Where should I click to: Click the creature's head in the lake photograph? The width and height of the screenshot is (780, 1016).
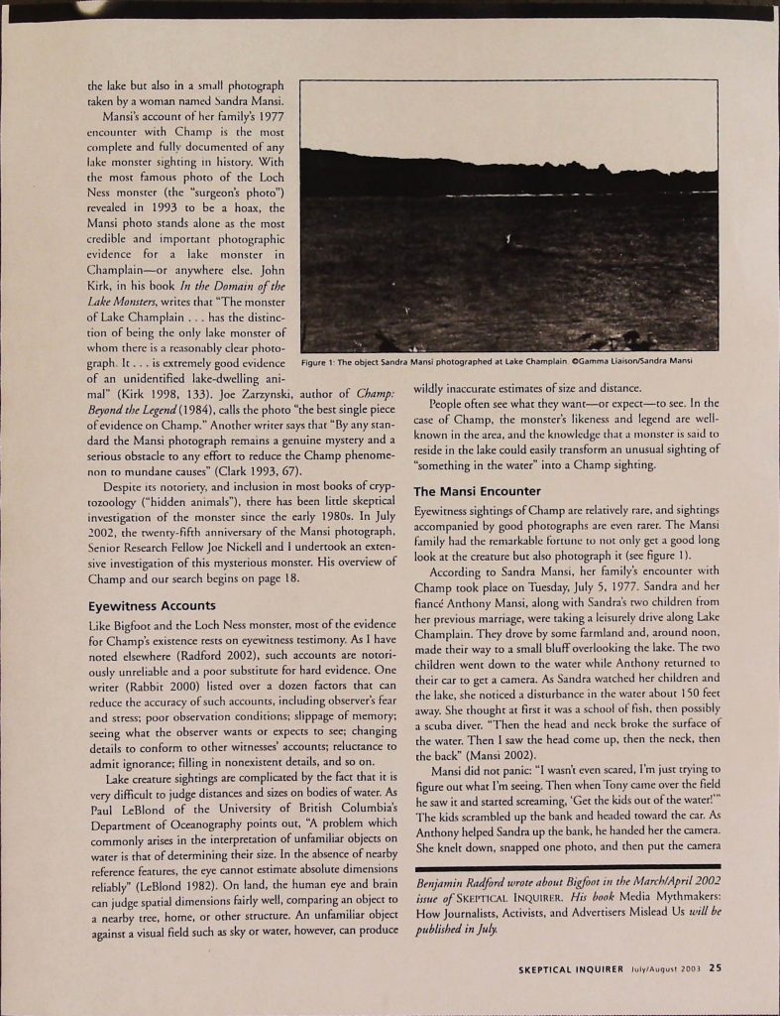[x=508, y=237]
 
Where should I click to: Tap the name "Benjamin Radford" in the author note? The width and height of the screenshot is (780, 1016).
[x=470, y=880]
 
